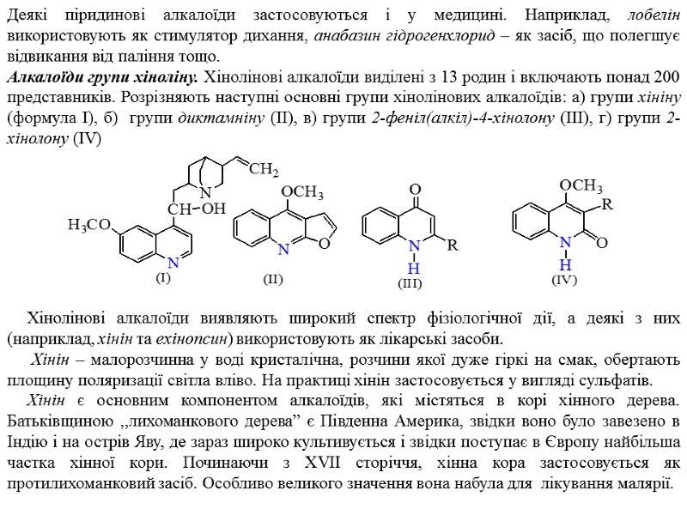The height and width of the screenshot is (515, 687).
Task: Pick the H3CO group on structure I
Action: click(88, 225)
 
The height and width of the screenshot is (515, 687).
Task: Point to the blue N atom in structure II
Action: click(282, 249)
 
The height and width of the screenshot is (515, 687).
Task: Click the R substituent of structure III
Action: click(453, 245)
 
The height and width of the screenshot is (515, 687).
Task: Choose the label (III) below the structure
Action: click(410, 282)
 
